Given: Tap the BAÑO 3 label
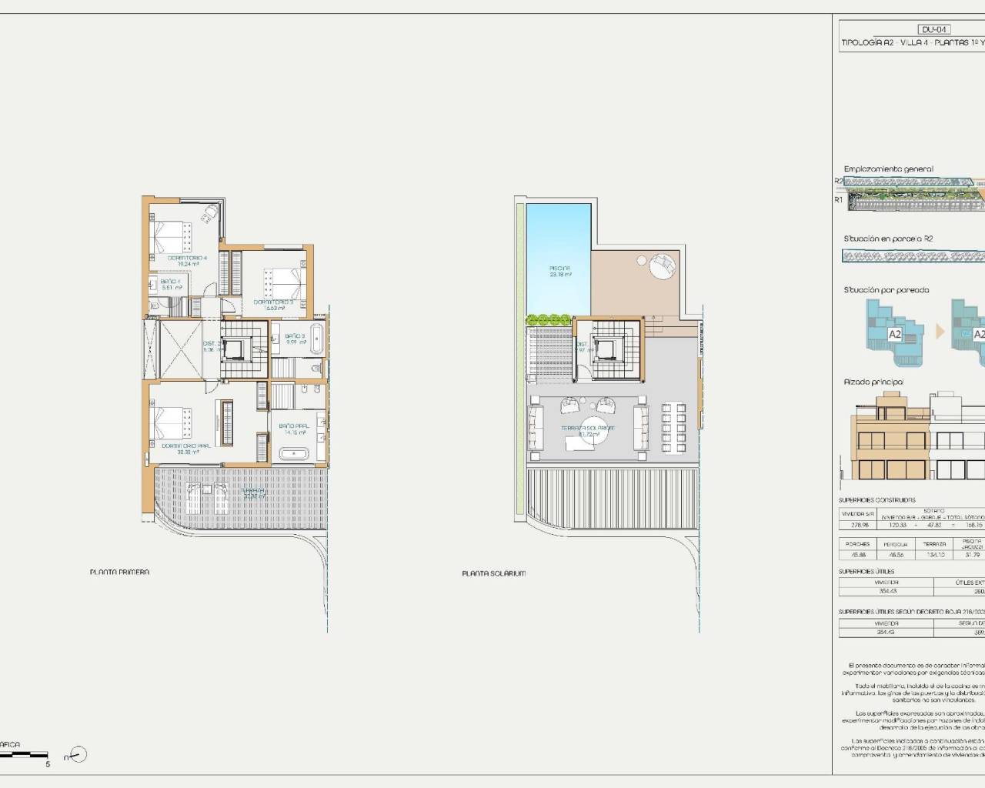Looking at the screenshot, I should pos(295,336).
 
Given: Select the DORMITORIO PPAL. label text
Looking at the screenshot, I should pos(185,446).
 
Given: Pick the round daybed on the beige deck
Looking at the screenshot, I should pos(659,268).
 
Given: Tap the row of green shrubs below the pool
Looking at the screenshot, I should pos(548,318).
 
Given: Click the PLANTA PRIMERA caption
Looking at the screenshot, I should pos(119,572).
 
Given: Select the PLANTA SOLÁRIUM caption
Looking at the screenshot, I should pos(494,573).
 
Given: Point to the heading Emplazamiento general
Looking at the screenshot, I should pos(888,169).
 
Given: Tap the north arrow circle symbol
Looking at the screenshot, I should pos(78,754).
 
